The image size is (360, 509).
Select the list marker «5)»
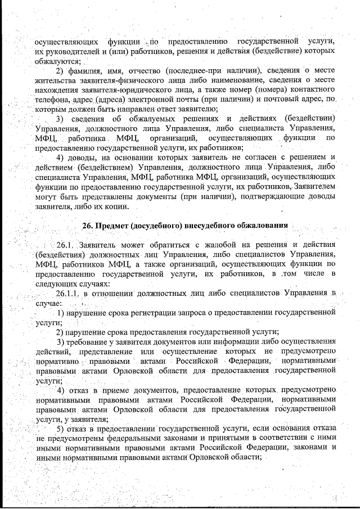(60, 429)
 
